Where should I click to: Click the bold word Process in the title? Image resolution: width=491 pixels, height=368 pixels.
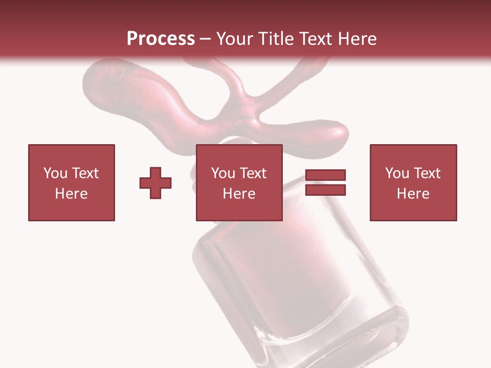(x=161, y=39)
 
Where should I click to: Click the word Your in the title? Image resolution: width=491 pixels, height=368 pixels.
(x=235, y=39)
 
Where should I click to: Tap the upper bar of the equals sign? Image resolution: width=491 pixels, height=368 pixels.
(x=325, y=175)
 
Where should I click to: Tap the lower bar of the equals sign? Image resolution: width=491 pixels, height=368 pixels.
(x=325, y=190)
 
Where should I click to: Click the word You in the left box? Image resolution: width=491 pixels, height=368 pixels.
(x=55, y=173)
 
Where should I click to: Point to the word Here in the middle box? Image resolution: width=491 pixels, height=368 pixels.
(x=239, y=194)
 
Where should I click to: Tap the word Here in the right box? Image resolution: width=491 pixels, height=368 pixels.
(x=413, y=194)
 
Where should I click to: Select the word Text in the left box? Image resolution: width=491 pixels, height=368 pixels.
(x=85, y=173)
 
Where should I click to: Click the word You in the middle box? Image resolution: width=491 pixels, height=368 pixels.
(x=223, y=173)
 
